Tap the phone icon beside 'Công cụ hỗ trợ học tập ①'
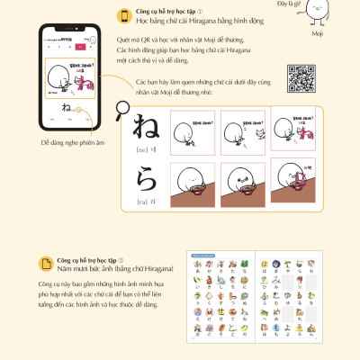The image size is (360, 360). [121, 15]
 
